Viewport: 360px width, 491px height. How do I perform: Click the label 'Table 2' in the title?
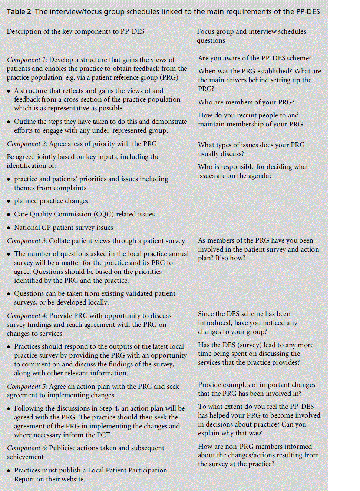pyautogui.click(x=19, y=11)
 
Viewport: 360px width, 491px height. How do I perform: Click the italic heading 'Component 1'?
pyautogui.click(x=26, y=60)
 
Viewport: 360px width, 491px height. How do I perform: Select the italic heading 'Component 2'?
pyautogui.click(x=26, y=144)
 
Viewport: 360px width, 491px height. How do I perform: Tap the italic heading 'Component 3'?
pyautogui.click(x=26, y=241)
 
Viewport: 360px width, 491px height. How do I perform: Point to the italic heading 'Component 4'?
pyautogui.click(x=26, y=316)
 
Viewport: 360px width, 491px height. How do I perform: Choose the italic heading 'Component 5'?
pyautogui.click(x=26, y=387)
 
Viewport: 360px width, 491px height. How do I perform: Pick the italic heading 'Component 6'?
pyautogui.click(x=26, y=448)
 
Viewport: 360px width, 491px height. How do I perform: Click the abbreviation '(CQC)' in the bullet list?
pyautogui.click(x=103, y=214)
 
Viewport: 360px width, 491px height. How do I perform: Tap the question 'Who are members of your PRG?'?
pyautogui.click(x=246, y=102)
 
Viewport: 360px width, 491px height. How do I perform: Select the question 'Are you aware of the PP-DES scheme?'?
pyautogui.click(x=254, y=58)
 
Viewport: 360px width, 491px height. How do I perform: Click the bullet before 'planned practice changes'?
pyautogui.click(x=9, y=201)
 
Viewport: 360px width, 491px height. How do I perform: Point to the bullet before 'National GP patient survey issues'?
pyautogui.click(x=9, y=228)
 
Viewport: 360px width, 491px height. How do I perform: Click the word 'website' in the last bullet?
pyautogui.click(x=72, y=479)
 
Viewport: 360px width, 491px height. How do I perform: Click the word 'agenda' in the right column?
pyautogui.click(x=258, y=176)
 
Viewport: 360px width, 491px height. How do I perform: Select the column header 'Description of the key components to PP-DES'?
pyautogui.click(x=76, y=31)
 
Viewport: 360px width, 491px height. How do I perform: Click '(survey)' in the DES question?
pyautogui.click(x=250, y=345)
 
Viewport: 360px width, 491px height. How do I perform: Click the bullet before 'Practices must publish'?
pyautogui.click(x=9, y=471)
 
